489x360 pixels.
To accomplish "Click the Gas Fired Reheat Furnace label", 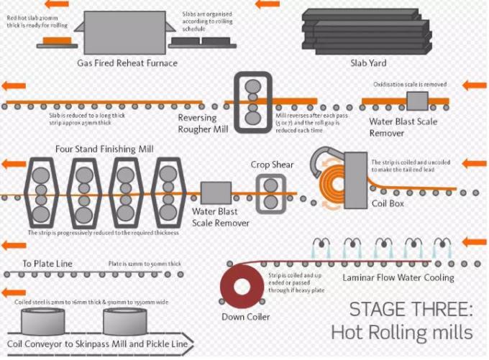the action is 127,63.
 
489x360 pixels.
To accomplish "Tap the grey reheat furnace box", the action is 124,33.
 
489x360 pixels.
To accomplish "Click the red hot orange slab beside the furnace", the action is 57,40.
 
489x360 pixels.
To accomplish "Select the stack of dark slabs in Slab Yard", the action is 367,32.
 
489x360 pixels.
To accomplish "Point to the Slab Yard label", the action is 368,63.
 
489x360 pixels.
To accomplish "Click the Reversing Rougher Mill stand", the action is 253,103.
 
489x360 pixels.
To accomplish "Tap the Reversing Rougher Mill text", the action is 203,124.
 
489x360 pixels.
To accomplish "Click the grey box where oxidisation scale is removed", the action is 417,101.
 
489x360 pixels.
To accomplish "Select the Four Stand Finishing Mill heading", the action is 104,149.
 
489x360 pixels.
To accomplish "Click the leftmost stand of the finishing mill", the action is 41,193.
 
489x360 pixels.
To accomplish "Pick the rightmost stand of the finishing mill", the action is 168,193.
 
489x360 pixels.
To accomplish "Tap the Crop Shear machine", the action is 270,194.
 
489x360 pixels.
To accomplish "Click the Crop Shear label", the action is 272,165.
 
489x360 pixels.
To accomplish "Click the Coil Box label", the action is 388,203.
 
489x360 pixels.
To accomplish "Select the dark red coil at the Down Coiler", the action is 242,287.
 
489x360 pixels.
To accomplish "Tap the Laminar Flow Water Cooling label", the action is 398,277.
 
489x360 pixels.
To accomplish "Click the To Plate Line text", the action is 47,264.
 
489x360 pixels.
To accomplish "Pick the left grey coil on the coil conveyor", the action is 43,321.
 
